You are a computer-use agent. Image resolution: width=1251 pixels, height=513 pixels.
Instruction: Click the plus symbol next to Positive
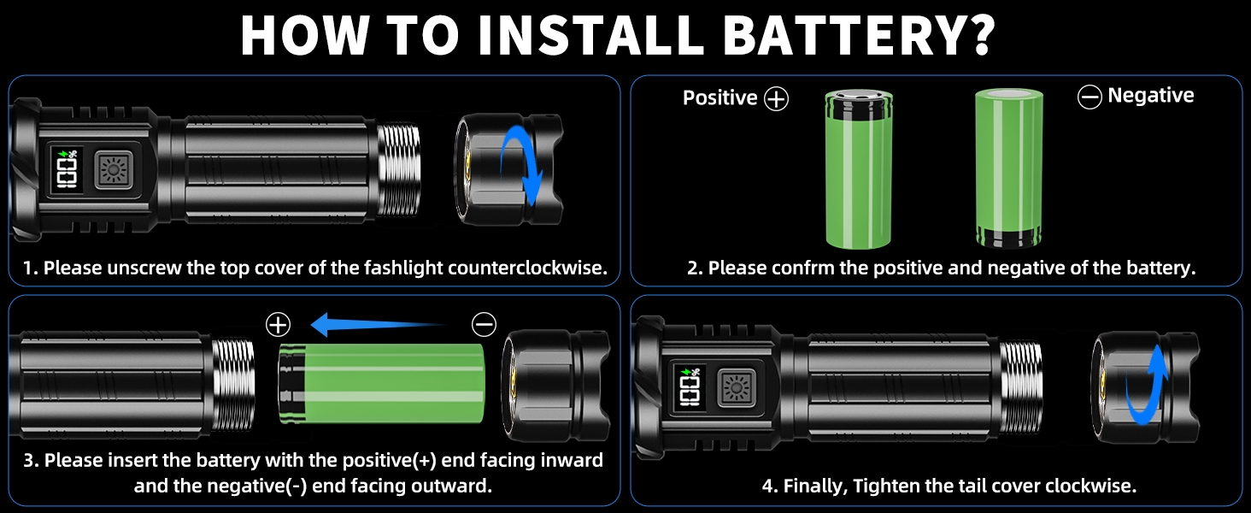click(776, 99)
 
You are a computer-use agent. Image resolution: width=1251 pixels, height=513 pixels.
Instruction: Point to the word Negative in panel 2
click(1151, 96)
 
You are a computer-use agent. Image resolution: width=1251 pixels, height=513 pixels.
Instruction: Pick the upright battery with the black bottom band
click(1008, 168)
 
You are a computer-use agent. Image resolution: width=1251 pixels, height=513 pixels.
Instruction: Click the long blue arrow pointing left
click(376, 325)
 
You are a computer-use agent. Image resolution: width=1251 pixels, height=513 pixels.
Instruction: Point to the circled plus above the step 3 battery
click(279, 325)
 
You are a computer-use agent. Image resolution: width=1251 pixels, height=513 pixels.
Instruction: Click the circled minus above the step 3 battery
click(484, 325)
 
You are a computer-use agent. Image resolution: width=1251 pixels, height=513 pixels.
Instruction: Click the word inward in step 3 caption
click(572, 461)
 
